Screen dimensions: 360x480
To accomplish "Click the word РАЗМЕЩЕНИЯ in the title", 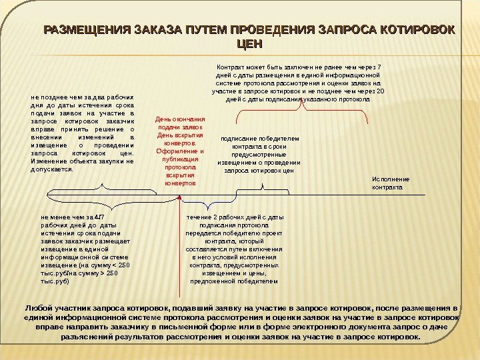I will pos(87,30).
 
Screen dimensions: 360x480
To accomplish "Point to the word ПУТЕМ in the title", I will pos(208,30).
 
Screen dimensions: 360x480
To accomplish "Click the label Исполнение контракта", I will pos(390,183).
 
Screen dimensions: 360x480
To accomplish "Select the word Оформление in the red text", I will pos(180,151).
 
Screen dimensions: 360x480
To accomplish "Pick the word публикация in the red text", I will pos(179,159).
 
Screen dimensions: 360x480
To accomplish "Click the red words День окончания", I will pos(179,119).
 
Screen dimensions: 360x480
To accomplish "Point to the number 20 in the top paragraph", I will pos(381,91).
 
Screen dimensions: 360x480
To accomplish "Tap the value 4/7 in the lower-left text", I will pos(100,217).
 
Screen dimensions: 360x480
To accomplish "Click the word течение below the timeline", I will pos(199,217).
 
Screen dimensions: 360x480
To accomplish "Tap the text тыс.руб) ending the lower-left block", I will pos(55,281).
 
